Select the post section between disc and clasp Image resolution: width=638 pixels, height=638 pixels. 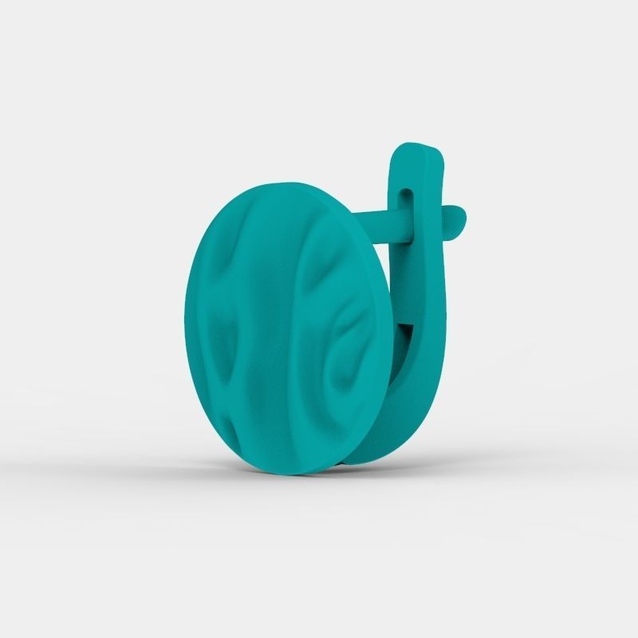(383, 221)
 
